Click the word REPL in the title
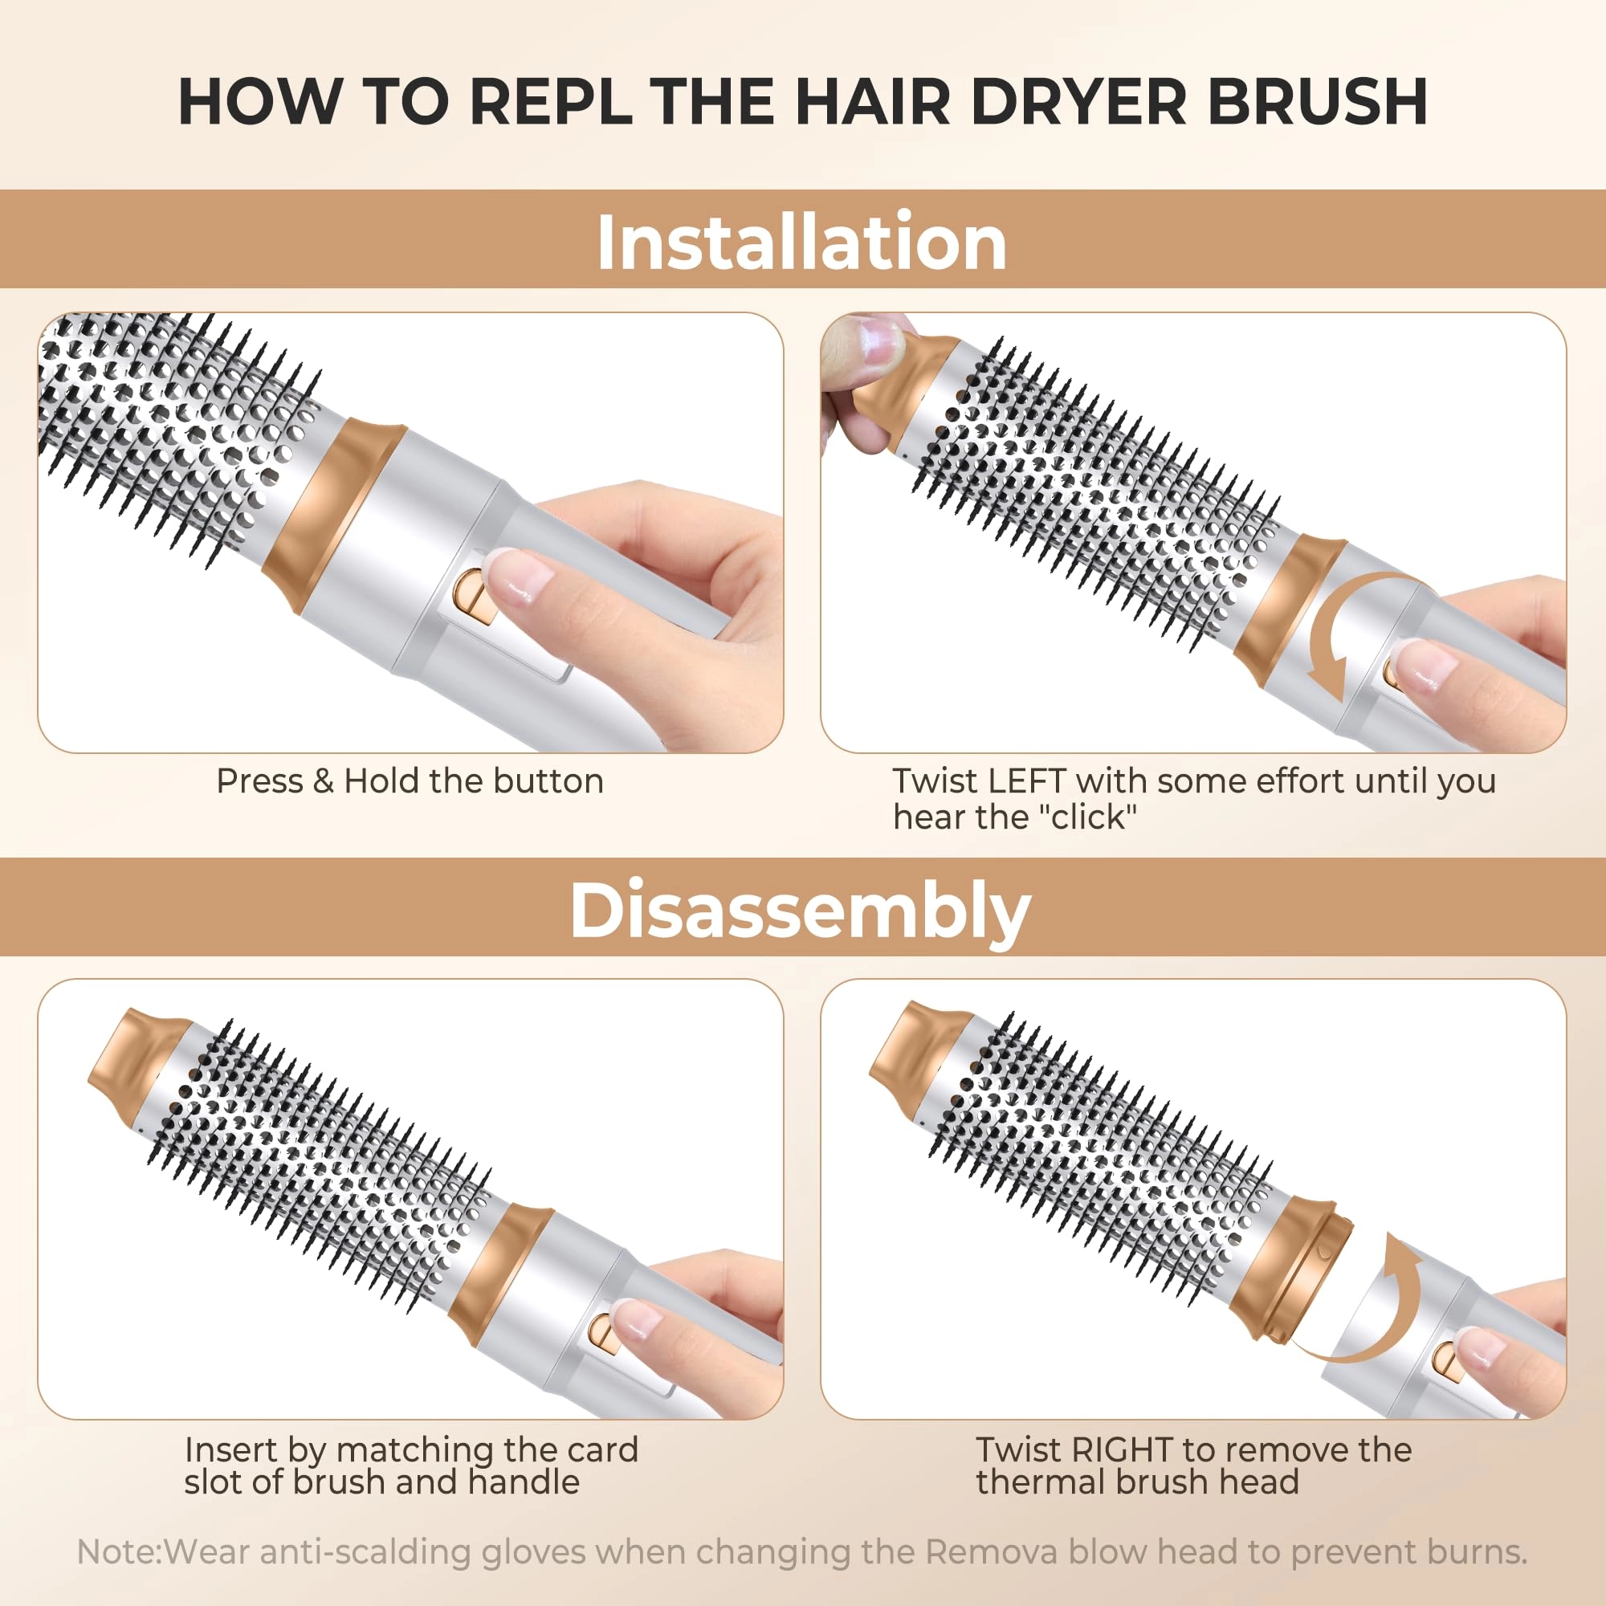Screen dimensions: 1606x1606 [549, 102]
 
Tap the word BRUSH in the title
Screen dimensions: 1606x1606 [1317, 102]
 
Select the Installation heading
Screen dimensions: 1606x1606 [802, 242]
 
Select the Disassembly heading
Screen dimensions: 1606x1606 [801, 911]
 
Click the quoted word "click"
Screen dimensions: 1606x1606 [1087, 818]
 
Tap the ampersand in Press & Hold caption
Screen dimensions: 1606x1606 [323, 781]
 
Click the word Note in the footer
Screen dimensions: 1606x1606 [119, 1552]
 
